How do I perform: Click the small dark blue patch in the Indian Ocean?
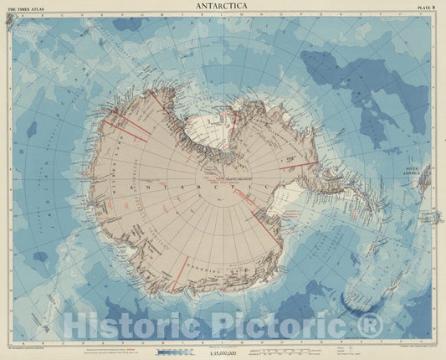(31, 130)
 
